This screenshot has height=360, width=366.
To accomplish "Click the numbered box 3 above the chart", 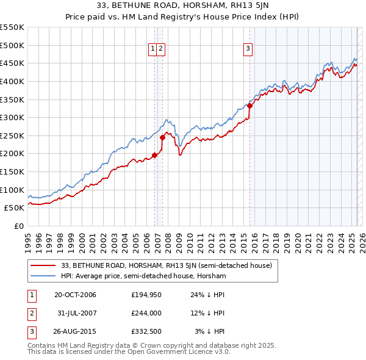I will pyautogui.click(x=248, y=50).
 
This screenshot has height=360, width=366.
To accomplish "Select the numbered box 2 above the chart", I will pyautogui.click(x=160, y=50).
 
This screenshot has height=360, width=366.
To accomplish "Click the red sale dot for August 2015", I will pyautogui.click(x=250, y=106).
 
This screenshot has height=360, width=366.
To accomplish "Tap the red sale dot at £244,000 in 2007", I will pyautogui.click(x=163, y=137).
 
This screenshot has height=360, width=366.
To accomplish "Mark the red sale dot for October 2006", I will pyautogui.click(x=154, y=155).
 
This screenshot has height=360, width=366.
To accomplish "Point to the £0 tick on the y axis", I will pyautogui.click(x=18, y=226).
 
